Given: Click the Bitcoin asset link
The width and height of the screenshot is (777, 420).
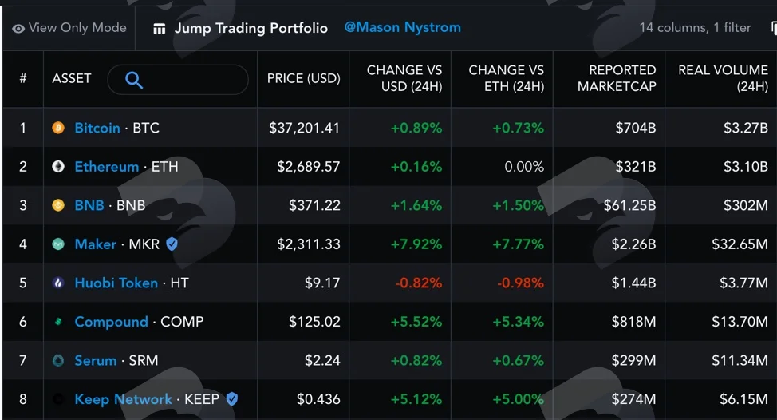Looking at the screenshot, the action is coord(97,128).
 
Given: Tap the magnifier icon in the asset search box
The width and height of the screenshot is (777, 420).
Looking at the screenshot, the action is coord(134,80).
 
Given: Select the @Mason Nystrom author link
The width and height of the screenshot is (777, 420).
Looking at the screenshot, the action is coord(402,27).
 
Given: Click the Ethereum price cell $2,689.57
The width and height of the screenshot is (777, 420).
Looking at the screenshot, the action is coord(308,167).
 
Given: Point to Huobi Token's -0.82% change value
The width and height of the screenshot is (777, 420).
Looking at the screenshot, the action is coord(418,283).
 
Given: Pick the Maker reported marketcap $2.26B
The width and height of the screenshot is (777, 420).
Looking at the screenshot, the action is coord(633,244).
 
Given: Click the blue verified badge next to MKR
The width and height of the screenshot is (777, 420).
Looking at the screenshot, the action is coord(172,244).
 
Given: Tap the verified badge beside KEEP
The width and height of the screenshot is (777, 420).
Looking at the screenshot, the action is coord(232,399).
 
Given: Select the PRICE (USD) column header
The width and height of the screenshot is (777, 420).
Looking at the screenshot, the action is coord(303,78).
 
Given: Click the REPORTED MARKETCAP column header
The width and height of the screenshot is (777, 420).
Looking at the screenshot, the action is coord(617,78).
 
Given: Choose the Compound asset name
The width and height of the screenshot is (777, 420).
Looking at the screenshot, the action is coord(111,322).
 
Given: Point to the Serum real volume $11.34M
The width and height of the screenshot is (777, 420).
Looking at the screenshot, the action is coord(740,360).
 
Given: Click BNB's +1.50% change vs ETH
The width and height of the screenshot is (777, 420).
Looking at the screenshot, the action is coord(518,205).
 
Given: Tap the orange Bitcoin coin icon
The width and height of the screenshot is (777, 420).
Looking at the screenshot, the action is coord(58,128).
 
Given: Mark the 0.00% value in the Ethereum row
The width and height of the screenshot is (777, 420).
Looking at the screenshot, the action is coord(524,167).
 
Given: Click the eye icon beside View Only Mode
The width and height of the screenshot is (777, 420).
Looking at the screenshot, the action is coord(18,29).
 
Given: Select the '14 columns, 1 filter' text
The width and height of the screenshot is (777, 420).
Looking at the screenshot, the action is coord(695,28).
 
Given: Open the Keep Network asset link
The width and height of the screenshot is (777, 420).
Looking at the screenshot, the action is coord(123,399).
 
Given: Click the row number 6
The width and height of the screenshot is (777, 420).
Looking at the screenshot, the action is coord(23,322).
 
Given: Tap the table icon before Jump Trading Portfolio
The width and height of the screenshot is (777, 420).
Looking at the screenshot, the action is coord(159,30).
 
